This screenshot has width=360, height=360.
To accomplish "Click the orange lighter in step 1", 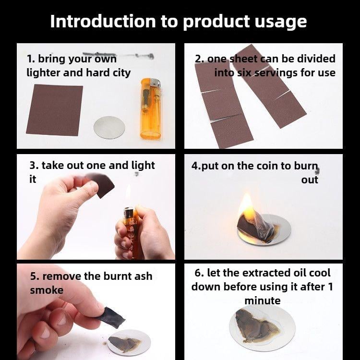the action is [150, 108].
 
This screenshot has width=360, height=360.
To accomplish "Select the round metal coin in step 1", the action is [109, 127].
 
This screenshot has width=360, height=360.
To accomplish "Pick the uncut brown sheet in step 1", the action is [55, 110].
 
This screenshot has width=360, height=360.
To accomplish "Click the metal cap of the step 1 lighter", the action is [156, 83].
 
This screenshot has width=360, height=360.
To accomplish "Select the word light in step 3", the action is [143, 166].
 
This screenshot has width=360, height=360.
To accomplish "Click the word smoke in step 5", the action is [47, 290].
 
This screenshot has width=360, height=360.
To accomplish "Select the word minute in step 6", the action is [263, 300].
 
